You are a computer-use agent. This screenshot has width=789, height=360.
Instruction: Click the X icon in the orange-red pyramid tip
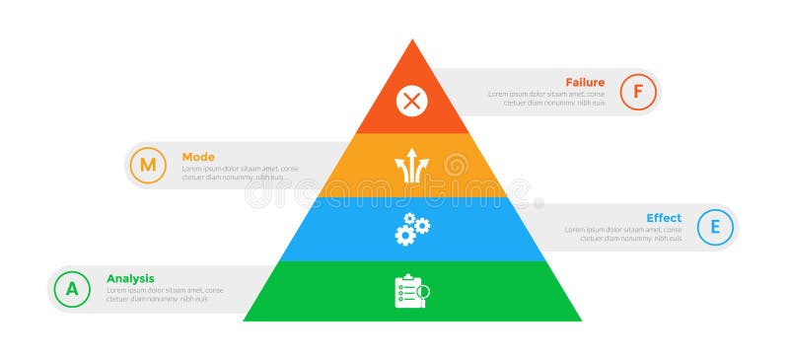pos(412,100)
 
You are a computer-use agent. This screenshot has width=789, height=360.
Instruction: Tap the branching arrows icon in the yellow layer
pos(412,166)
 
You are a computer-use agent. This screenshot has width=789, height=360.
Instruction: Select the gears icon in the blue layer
pos(412,230)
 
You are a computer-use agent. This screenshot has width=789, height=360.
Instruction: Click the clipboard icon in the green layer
pos(411,292)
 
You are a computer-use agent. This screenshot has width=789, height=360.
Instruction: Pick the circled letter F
pos(638,92)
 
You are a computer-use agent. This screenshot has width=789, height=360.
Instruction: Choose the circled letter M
pos(147,165)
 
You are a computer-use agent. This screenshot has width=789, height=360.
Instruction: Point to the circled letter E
pos(715,228)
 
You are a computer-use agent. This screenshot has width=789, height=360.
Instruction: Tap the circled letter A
pos(71,289)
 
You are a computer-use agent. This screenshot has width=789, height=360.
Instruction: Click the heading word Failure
pos(585,82)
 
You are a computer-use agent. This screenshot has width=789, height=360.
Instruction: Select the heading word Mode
pos(198,157)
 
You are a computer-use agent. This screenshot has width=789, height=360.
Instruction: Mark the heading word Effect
pos(664,218)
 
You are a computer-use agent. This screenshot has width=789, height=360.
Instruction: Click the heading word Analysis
pos(130,278)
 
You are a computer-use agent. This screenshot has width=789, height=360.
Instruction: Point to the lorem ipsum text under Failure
pos(546,99)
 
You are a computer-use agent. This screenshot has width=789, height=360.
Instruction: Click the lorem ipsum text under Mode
pos(240,174)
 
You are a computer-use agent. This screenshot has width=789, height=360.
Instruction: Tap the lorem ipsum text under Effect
pos(623,234)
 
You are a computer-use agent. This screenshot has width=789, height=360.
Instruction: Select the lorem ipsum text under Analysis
pos(164,295)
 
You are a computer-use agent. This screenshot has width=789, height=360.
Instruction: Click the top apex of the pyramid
pos(412,39)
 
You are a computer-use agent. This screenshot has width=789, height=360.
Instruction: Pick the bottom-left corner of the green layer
pos(245,320)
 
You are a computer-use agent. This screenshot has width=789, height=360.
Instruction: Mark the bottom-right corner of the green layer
pos(581,320)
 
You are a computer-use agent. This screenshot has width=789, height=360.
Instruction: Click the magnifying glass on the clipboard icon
pos(423,292)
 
